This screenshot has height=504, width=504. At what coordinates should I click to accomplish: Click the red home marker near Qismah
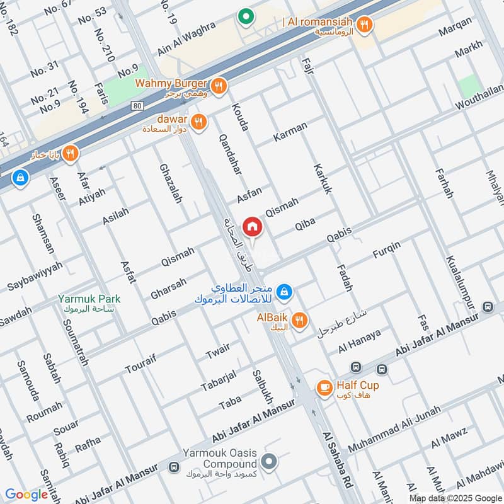[x=252, y=226]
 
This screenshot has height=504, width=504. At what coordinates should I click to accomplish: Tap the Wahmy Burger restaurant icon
[x=219, y=87]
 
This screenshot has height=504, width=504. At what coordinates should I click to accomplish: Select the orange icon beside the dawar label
[x=199, y=122]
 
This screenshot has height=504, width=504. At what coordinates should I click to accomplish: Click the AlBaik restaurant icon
[x=300, y=321]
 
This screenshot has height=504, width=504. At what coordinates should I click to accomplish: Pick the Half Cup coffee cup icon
[x=324, y=387]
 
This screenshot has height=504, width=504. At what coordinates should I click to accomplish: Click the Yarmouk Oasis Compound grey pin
[x=269, y=462]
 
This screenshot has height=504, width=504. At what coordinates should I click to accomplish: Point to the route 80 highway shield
[x=138, y=105]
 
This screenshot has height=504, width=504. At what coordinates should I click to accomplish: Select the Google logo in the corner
[x=27, y=495]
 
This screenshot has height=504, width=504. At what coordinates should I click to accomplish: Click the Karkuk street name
[x=321, y=180]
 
